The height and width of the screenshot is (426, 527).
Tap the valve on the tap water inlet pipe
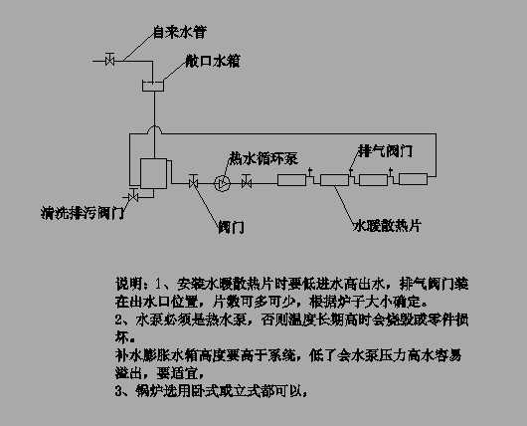(x=111, y=61)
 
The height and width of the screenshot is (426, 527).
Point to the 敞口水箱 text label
(x=211, y=61)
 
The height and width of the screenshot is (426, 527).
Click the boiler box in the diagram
(x=153, y=175)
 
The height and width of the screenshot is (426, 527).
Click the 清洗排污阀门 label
(x=82, y=212)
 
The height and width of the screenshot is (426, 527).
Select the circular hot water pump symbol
(x=222, y=182)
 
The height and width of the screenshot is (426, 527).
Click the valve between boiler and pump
(x=193, y=182)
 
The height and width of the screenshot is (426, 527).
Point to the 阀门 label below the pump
(x=232, y=227)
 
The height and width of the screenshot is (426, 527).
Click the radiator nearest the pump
(x=293, y=181)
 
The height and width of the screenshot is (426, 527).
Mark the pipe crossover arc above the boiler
(x=153, y=130)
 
